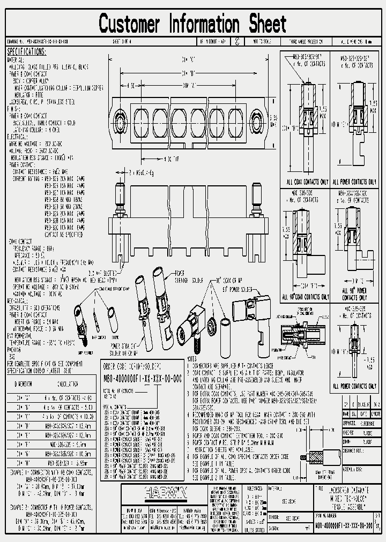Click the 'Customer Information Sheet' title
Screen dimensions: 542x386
tap(193, 24)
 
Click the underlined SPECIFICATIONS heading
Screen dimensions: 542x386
tap(26, 52)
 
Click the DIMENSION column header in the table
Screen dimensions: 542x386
tap(24, 384)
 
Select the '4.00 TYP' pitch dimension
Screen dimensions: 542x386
tap(171, 159)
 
